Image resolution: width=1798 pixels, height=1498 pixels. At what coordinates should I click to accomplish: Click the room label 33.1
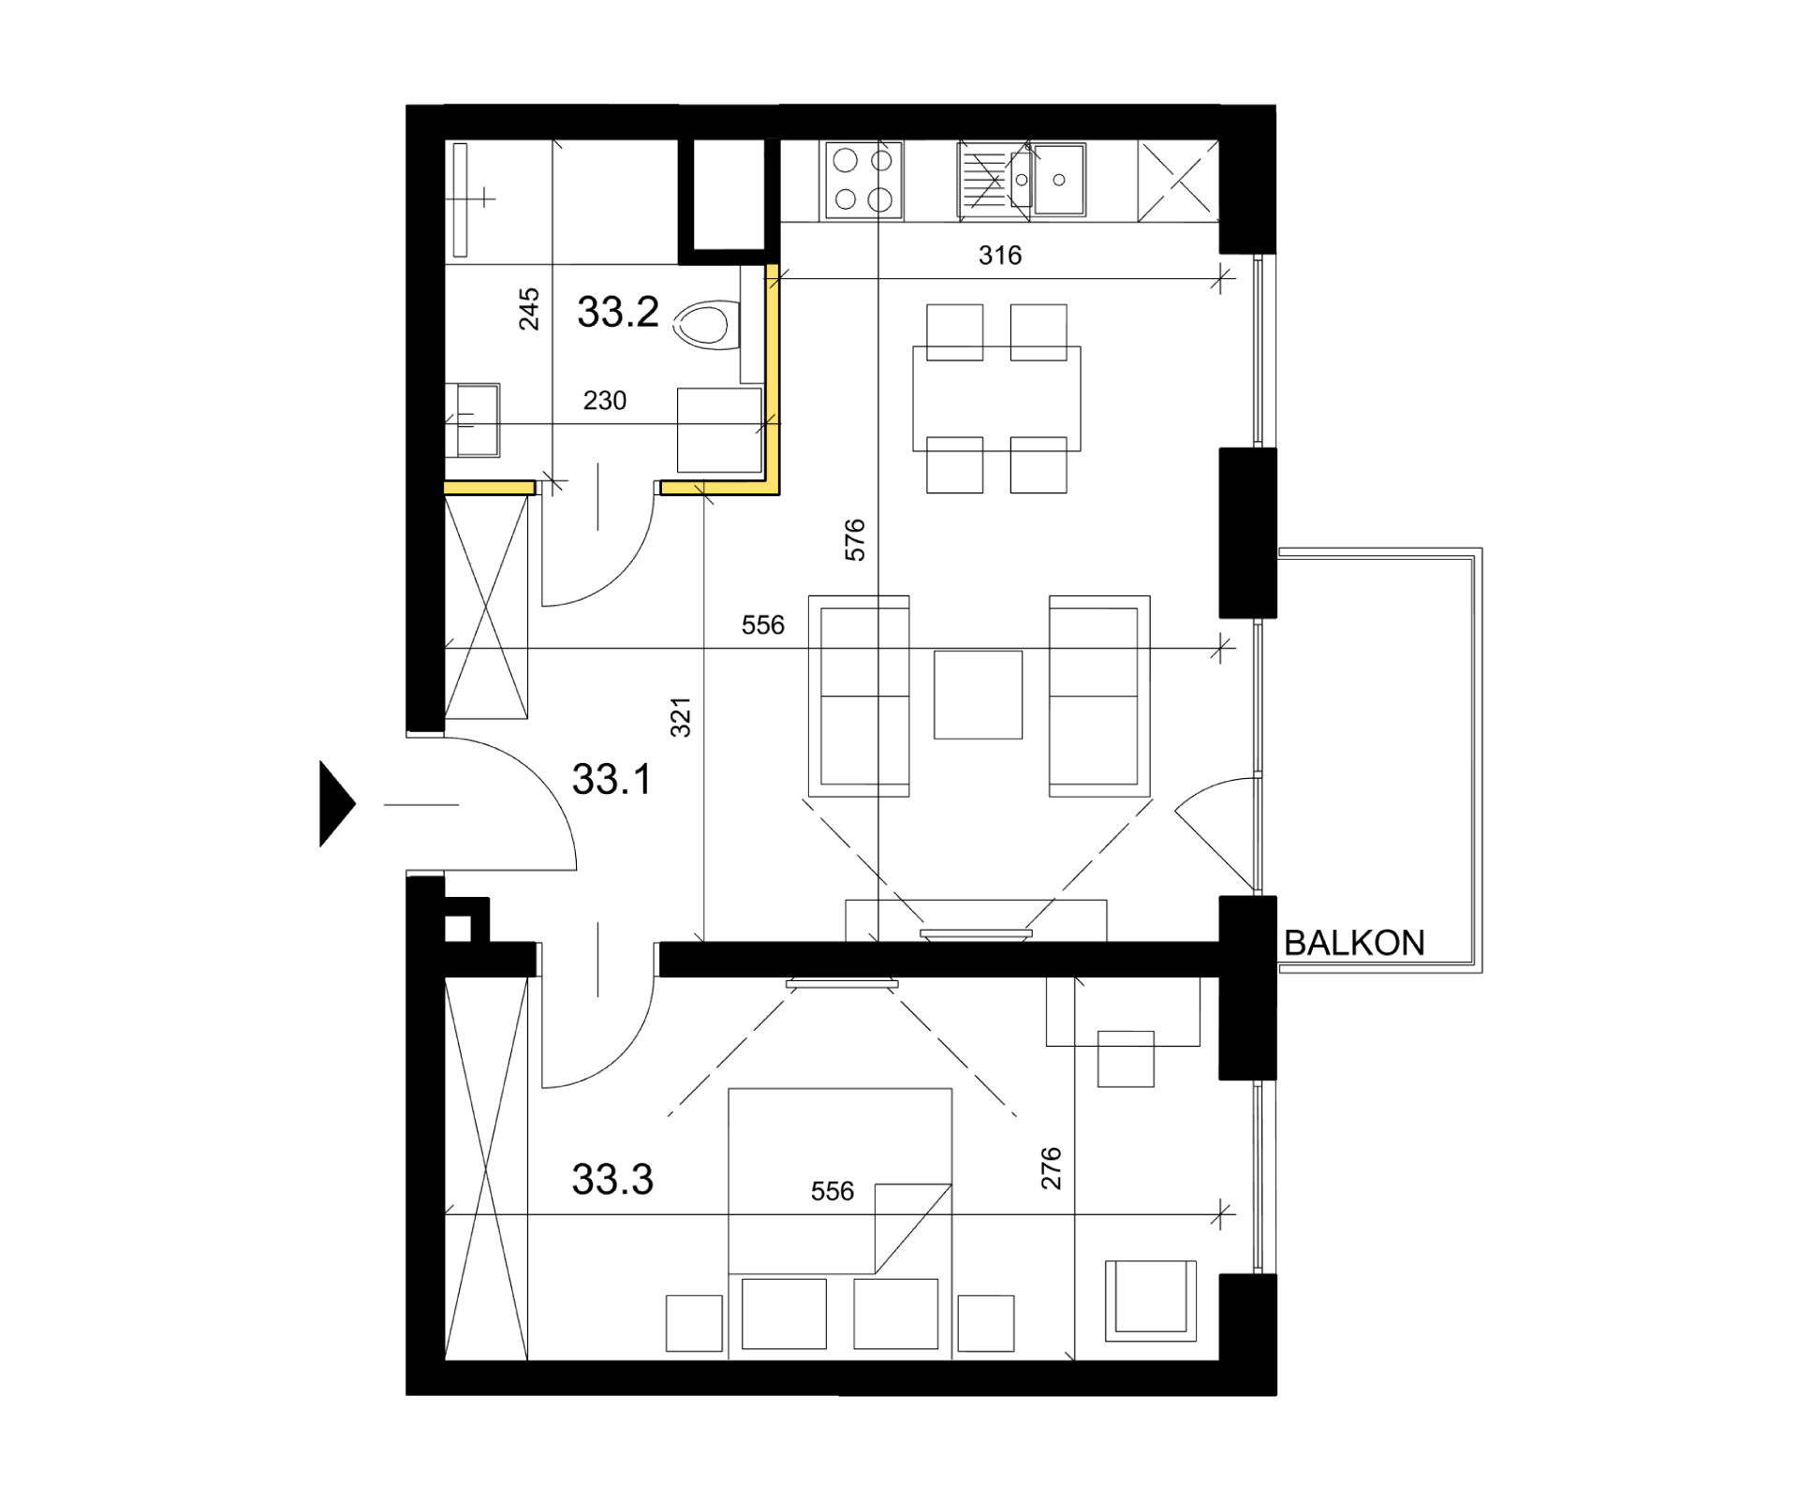click(612, 779)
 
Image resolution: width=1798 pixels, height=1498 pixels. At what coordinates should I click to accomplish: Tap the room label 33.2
click(618, 312)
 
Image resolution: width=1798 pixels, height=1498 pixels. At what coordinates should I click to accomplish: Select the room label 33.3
click(612, 1180)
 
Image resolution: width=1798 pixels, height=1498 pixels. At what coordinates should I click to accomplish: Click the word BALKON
click(1354, 943)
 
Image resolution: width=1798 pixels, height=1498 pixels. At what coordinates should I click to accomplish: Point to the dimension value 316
click(1000, 255)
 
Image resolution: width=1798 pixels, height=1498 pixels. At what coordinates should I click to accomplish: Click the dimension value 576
click(855, 540)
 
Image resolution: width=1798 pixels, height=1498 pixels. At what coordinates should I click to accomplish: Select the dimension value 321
click(681, 717)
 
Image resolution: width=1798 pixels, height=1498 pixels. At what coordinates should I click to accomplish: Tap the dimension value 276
click(1052, 1168)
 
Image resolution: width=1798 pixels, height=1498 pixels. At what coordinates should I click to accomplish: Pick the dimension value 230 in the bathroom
click(605, 401)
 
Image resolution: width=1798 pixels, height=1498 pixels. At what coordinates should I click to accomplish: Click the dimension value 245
click(529, 309)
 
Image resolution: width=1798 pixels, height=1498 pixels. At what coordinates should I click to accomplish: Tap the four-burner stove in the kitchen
click(863, 181)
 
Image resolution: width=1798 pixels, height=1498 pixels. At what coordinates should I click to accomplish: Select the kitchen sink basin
click(1059, 180)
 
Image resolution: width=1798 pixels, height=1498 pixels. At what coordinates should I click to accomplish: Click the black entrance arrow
click(337, 803)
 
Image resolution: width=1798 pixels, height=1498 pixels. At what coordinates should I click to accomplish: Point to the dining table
click(996, 399)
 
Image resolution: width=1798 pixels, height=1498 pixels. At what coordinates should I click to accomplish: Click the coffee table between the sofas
click(978, 695)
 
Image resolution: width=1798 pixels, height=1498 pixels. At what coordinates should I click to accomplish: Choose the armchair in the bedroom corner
click(1151, 1300)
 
